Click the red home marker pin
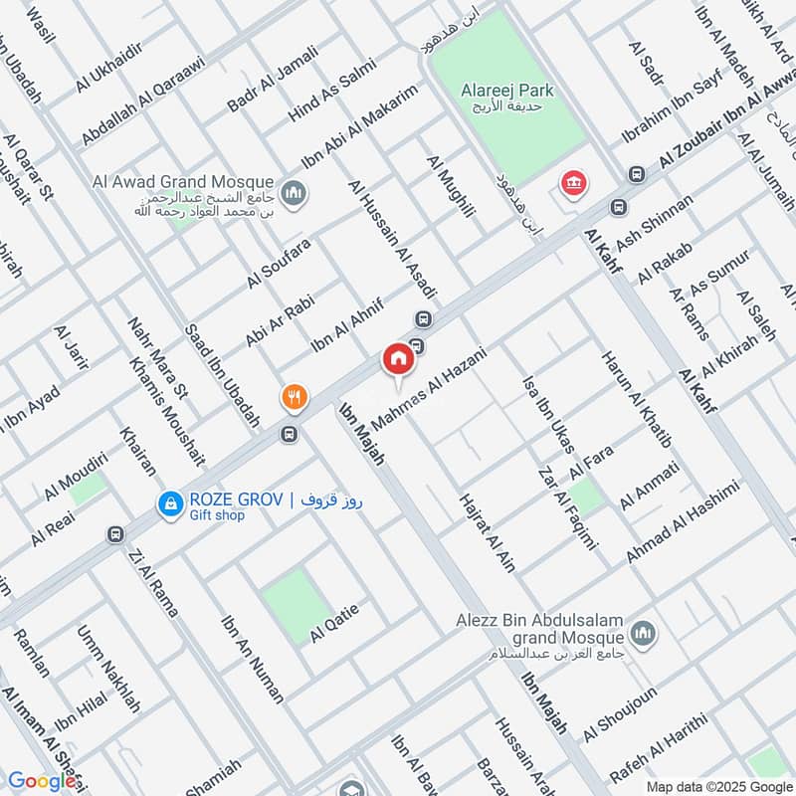tap(398, 360)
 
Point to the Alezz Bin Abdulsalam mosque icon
tap(643, 633)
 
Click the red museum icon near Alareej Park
tap(573, 183)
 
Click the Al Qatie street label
tap(334, 622)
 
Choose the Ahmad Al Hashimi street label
tap(683, 523)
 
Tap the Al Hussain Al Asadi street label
tap(393, 239)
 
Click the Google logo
tap(42, 781)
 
